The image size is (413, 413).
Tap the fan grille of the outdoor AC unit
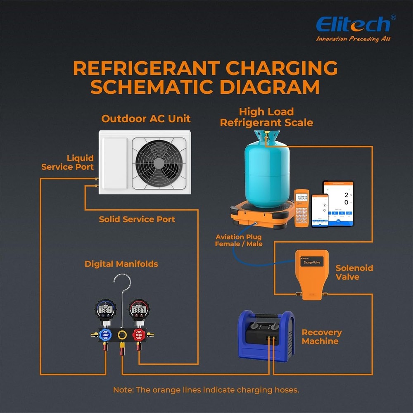click(159, 163)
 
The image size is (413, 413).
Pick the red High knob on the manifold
click(139, 335)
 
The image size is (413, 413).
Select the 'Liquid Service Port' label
click(68, 162)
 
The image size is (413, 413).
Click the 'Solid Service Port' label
click(137, 219)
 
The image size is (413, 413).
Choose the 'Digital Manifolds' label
click(121, 264)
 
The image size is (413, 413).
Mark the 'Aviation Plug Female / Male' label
click(238, 240)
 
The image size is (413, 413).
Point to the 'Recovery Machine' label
click(321, 337)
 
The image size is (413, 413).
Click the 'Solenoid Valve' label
click(354, 272)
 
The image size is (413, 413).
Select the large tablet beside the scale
click(338, 203)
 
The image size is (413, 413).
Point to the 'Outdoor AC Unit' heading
click(146, 119)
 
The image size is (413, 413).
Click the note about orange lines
click(206, 390)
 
